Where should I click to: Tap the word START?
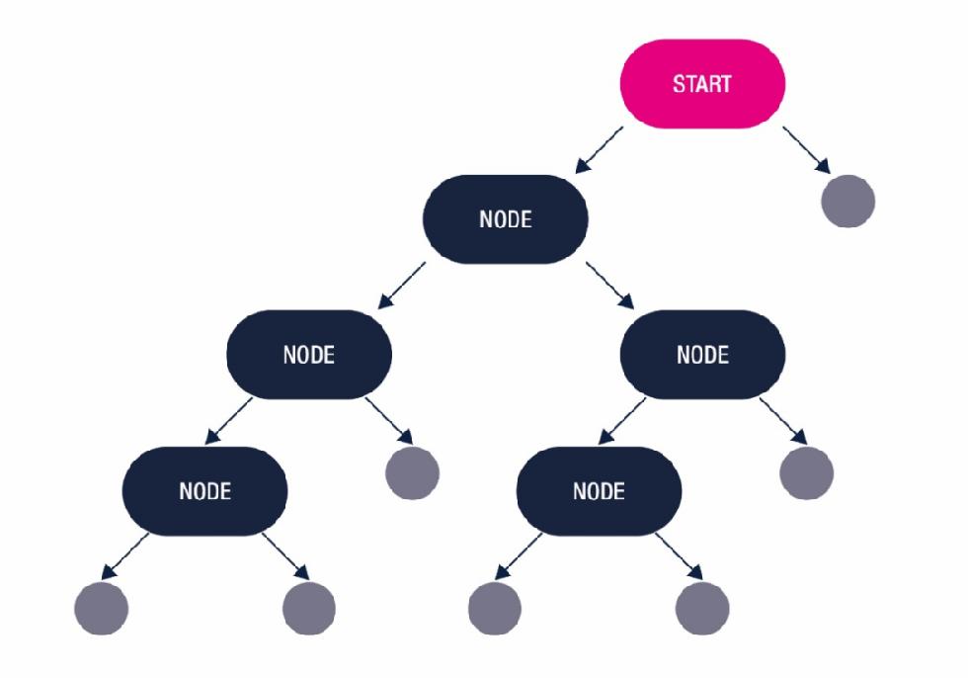click(x=702, y=83)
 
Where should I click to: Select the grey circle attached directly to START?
click(x=847, y=201)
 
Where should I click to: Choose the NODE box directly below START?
click(x=505, y=219)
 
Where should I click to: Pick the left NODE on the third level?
click(x=309, y=355)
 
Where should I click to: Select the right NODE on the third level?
click(x=702, y=355)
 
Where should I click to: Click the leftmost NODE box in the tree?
click(x=204, y=490)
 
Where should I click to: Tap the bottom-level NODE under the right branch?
click(x=600, y=490)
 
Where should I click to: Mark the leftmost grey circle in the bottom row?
click(x=101, y=606)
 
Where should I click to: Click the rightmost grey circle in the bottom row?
click(x=703, y=606)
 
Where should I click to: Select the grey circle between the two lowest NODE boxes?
click(x=412, y=471)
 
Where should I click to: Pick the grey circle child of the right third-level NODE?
click(x=806, y=471)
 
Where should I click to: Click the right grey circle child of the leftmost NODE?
click(x=309, y=606)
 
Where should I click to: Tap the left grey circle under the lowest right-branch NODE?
click(x=494, y=606)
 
